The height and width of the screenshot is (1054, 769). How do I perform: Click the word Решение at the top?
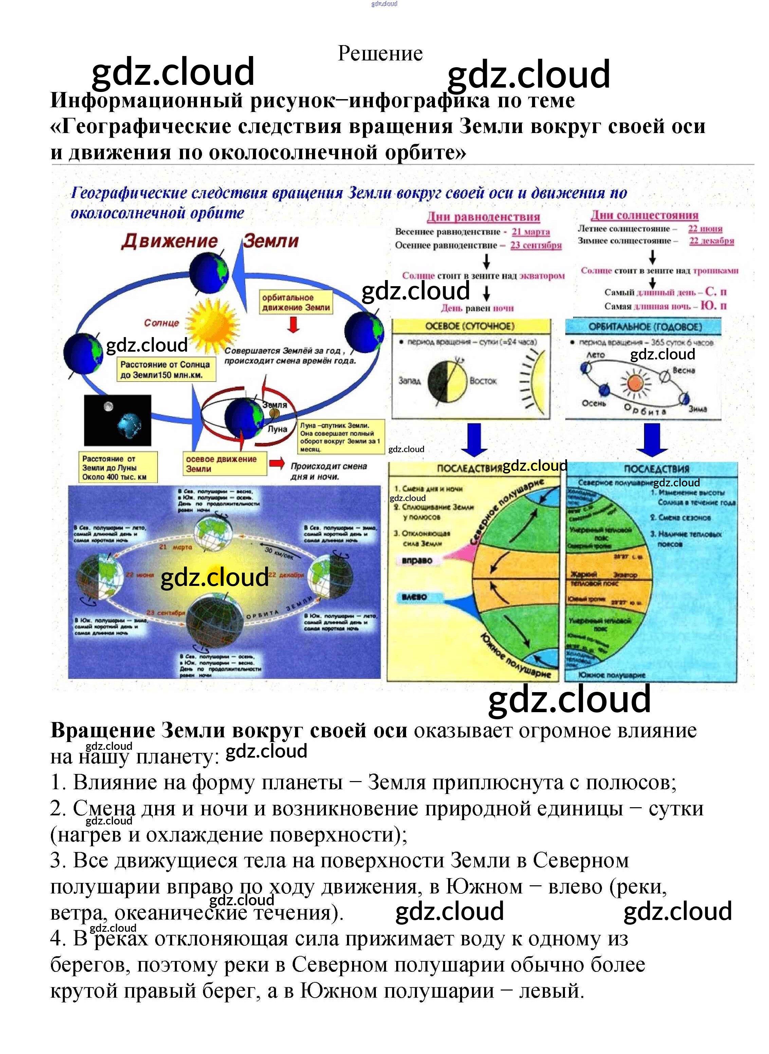pos(380,54)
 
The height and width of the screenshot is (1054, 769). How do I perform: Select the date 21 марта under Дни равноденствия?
pos(531,232)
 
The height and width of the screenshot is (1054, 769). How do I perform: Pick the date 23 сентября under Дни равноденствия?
pos(536,245)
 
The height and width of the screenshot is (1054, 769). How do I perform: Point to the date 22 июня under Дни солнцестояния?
pos(705,228)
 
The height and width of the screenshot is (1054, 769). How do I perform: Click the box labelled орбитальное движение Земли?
pos(296,302)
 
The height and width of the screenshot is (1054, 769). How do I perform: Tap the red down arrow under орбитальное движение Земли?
pos(293,325)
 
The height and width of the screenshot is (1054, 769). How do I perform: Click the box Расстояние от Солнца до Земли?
pos(165,369)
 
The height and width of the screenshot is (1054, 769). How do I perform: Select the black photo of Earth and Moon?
pos(117,420)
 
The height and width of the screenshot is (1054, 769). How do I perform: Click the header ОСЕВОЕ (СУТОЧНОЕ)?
pos(470,326)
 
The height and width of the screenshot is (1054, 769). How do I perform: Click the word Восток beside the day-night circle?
pos(483,381)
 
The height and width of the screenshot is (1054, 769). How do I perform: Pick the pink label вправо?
pos(417,560)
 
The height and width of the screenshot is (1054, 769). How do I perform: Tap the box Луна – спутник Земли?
pos(341,437)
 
